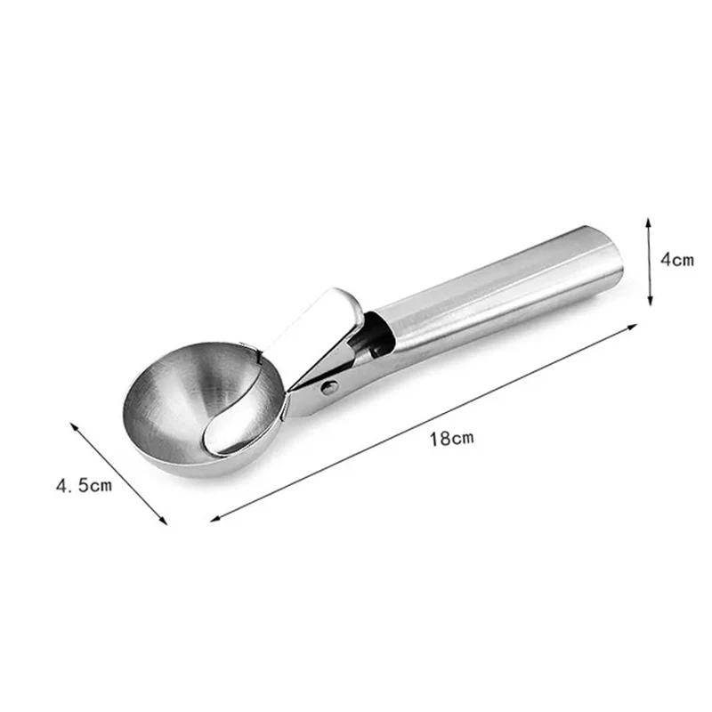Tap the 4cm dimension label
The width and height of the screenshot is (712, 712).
pos(676,260)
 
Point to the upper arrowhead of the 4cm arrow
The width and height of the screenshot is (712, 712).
pos(650,219)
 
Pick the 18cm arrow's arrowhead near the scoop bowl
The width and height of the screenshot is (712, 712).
pos(214,517)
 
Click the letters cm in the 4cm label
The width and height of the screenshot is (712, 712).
pos(683,260)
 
